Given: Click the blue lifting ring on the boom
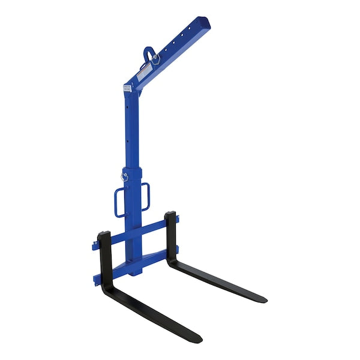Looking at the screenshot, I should (148, 53).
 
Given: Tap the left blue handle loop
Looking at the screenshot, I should (119, 202).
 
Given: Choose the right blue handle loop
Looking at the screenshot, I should (146, 197).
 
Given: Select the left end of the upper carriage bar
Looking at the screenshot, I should (95, 246).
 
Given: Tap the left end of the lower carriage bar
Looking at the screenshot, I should (95, 278).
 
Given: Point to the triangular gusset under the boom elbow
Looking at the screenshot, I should (130, 96).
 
